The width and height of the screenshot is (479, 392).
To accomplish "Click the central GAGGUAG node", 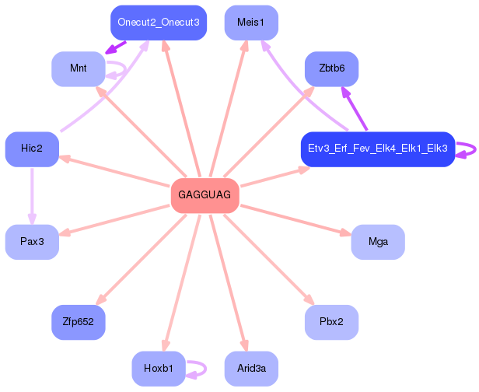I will pos(204,194).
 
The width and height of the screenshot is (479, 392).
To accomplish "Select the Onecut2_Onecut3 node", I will pos(159,23).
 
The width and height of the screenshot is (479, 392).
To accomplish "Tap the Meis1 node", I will pos(250,23).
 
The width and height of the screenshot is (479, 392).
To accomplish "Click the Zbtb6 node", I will pos(331,68).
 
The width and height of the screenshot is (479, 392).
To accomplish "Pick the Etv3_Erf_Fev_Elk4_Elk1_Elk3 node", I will pos(377,149).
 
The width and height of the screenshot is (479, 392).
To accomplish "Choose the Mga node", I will pos(378,242).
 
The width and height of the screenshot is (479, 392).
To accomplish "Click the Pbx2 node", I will pos(331,321).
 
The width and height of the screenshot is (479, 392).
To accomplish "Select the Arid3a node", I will pos(250,368).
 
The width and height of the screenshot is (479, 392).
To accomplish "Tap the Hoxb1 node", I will pos(159,368).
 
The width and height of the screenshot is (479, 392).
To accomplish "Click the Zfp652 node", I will pos(78,321).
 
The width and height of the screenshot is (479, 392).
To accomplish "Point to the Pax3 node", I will pos(32,242).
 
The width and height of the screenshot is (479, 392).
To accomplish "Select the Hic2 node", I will pos(32,149).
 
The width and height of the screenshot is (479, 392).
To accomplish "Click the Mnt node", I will pos(78,68).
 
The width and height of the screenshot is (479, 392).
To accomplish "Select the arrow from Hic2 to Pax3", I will pos(32,194).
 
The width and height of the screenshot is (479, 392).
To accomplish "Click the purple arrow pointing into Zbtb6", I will pos(353,108).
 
